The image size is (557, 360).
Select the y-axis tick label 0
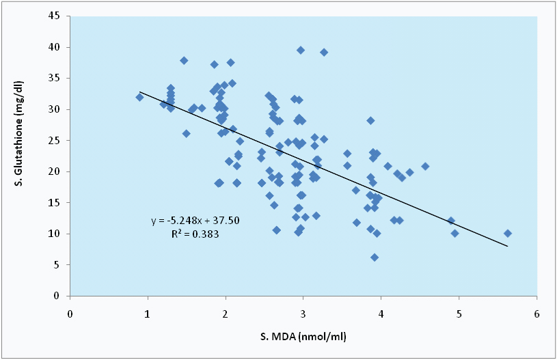pyautogui.click(x=62, y=296)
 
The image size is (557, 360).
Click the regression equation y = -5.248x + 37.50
pyautogui.click(x=195, y=221)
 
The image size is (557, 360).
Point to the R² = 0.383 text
pyautogui.click(x=195, y=234)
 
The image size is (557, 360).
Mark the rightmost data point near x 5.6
pyautogui.click(x=507, y=234)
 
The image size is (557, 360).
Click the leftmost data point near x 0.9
pyautogui.click(x=139, y=97)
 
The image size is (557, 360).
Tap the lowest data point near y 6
pyautogui.click(x=375, y=258)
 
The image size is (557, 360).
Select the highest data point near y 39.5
pyautogui.click(x=301, y=50)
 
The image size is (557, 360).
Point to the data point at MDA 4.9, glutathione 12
pyautogui.click(x=451, y=221)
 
